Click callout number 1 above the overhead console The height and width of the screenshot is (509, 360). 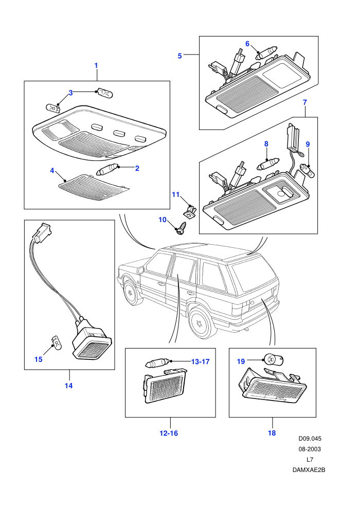tap(96, 66)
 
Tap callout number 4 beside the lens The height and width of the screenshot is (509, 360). tap(52, 170)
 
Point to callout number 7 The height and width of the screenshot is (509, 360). tap(304, 102)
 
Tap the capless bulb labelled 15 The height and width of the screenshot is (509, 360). tap(56, 343)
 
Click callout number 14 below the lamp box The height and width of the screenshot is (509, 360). tap(68, 386)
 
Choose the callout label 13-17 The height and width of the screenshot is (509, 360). tap(200, 361)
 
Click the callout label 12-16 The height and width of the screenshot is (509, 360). tap(169, 433)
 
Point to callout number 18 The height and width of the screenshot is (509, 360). tap(272, 433)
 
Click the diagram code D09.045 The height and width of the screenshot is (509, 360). tap(310, 439)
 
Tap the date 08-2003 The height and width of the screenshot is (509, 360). tap(310, 449)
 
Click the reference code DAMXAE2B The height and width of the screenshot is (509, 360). tap(309, 470)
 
